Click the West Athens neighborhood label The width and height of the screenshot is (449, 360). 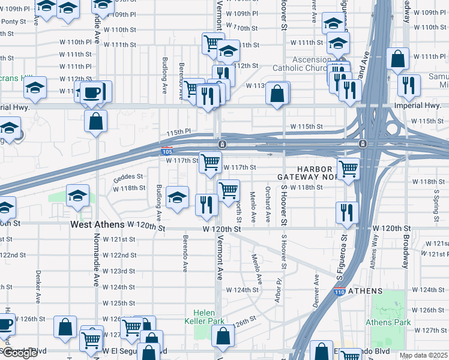click(98, 224)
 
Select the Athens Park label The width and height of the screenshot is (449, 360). click(388, 322)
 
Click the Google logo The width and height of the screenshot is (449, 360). click(19, 353)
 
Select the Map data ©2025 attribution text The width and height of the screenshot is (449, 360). click(423, 355)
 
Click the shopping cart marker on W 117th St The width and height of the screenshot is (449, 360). click(210, 162)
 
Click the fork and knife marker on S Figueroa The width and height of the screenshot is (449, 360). click(347, 212)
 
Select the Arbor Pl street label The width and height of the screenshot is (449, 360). click(279, 290)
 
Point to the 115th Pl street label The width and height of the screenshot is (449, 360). click(178, 131)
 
